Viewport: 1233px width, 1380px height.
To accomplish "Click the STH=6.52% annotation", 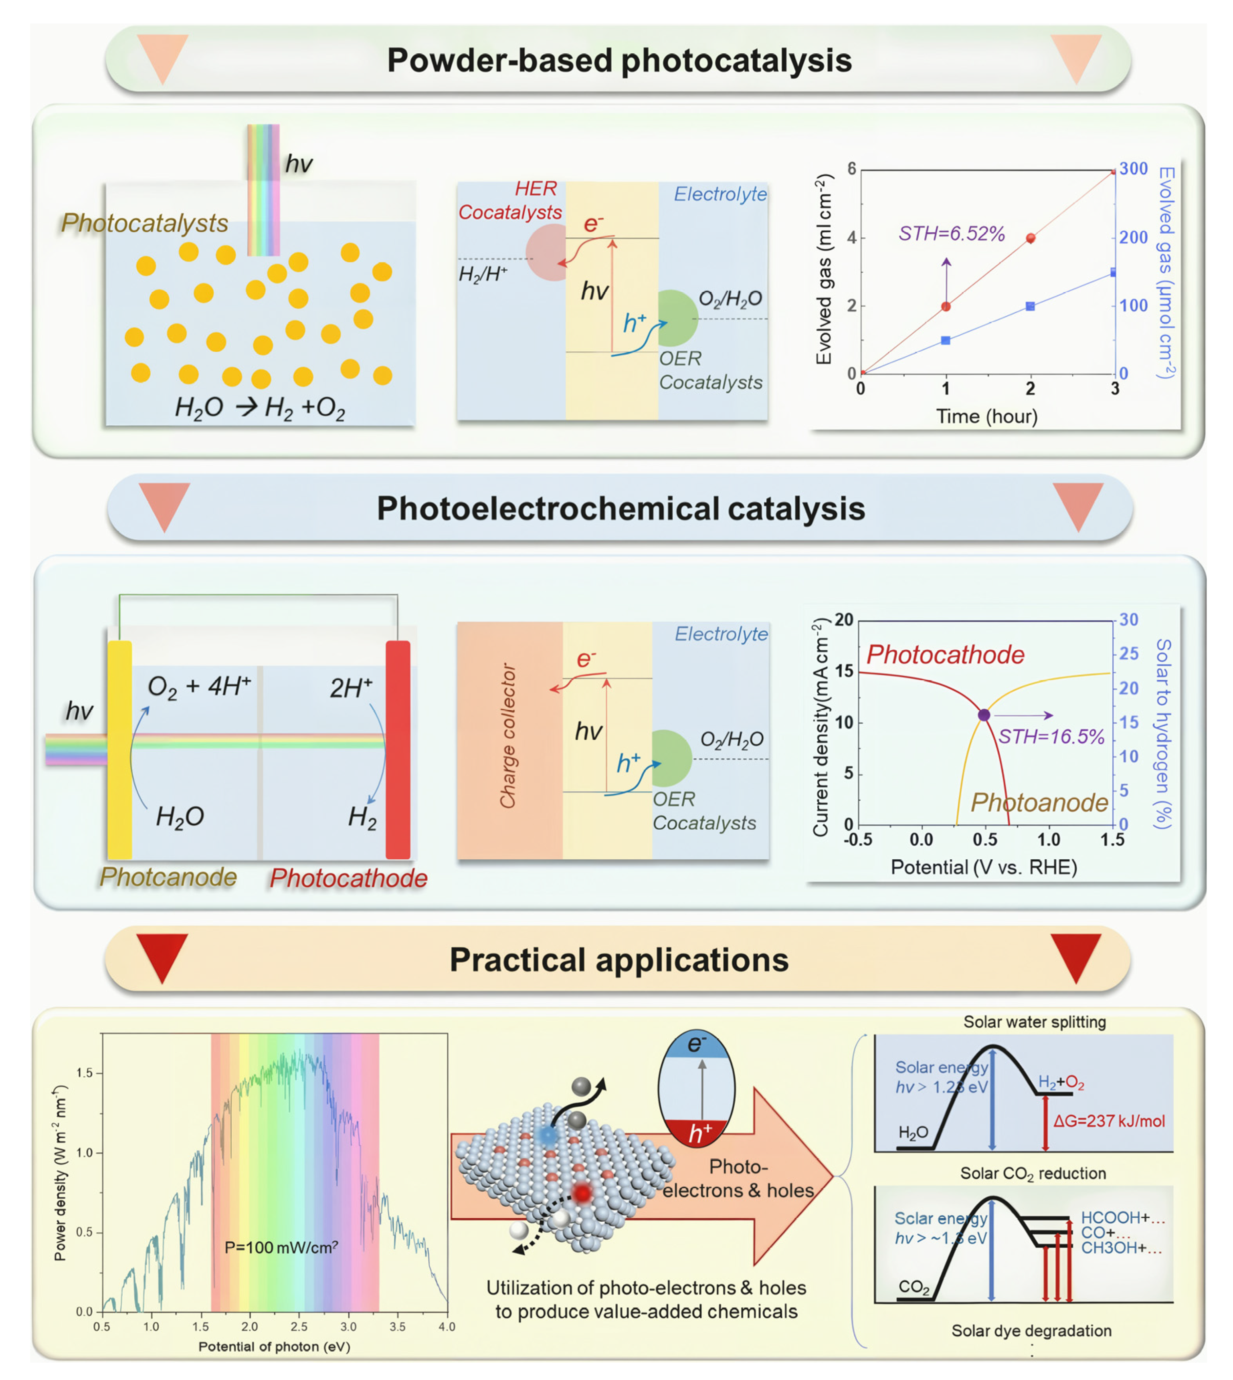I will (951, 234).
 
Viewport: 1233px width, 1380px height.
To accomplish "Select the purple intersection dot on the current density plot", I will (984, 715).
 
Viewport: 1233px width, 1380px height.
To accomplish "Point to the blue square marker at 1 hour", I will (946, 340).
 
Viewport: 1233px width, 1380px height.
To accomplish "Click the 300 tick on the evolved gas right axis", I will (1134, 169).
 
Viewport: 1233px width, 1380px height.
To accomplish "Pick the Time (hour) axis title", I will (986, 416).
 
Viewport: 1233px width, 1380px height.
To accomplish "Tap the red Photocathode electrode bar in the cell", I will (398, 749).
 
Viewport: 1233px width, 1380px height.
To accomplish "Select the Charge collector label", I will (508, 735).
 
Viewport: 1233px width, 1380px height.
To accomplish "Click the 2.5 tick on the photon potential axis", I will (299, 1326).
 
